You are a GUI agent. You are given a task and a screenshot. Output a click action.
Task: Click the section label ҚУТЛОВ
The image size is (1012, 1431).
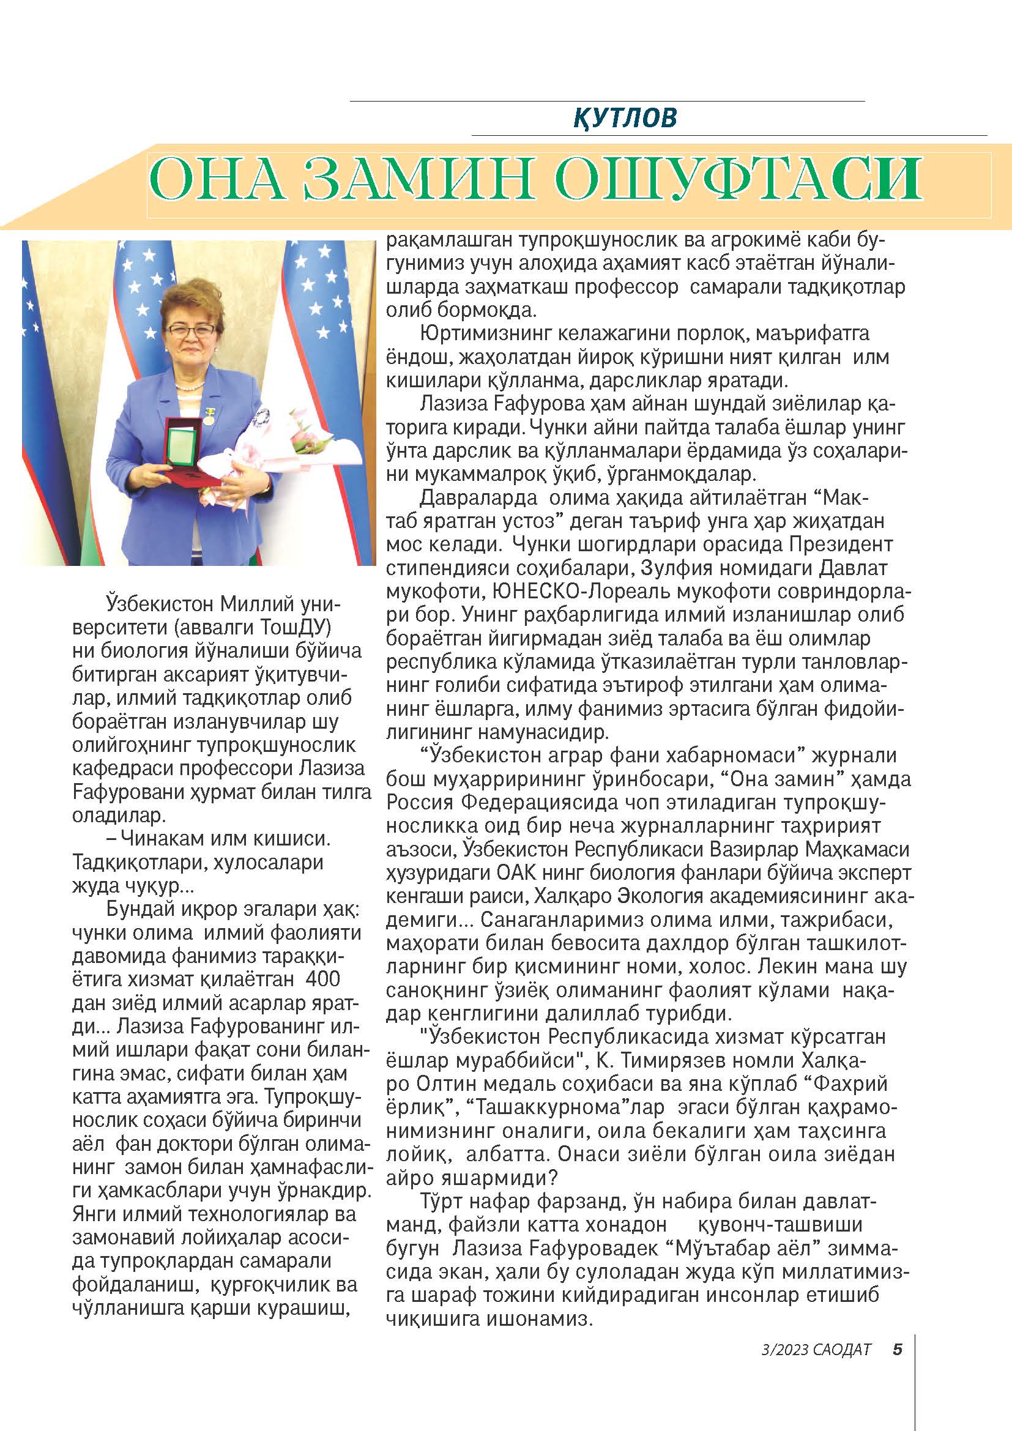[x=625, y=118]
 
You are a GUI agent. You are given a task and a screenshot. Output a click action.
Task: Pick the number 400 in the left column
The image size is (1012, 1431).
[x=323, y=979]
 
